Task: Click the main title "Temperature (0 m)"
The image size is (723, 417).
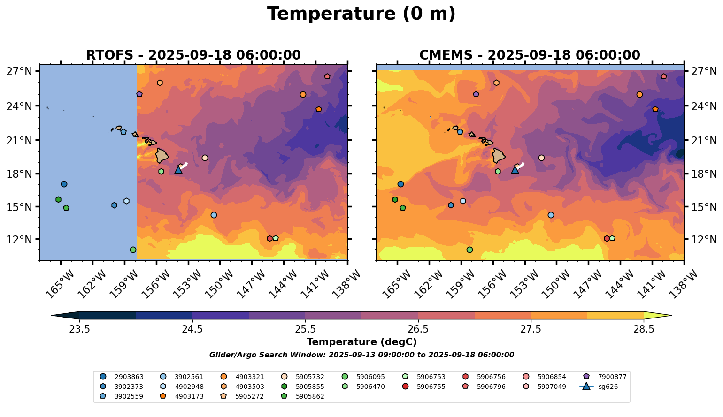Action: point(361,14)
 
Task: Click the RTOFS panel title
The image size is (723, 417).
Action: point(193,55)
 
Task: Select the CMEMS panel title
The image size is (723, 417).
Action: point(530,55)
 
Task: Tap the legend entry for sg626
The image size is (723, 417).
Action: point(601,387)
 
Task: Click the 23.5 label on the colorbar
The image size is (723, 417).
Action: point(79,329)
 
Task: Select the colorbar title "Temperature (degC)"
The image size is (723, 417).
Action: point(361,342)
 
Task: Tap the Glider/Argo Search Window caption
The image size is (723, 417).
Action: point(361,355)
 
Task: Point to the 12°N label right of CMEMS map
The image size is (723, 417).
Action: point(704,240)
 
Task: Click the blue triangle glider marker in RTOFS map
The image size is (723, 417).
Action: point(178,170)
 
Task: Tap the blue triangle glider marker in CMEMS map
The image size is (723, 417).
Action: point(515,170)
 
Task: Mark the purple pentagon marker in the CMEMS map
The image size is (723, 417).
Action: point(476,94)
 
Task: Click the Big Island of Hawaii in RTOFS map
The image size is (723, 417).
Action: point(162,155)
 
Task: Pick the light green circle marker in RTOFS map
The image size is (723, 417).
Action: point(133,250)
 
